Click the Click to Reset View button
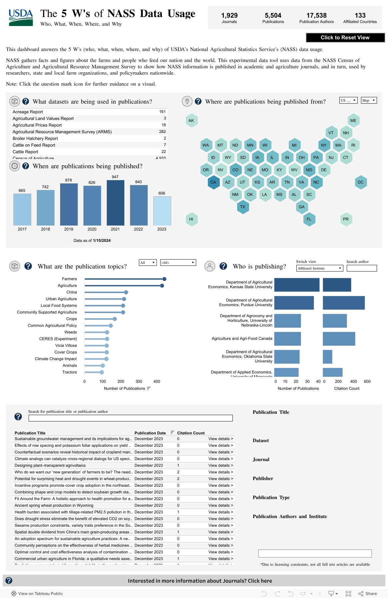(345, 38)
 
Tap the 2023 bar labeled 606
(162, 211)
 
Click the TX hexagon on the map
(242, 207)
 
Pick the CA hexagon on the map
(213, 182)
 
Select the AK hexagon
(191, 121)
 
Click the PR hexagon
(346, 219)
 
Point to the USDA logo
(21, 18)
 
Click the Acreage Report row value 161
(162, 112)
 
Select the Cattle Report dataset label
(25, 152)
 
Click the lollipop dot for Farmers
(164, 279)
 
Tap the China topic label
(71, 292)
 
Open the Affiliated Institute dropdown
(320, 268)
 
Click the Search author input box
(361, 268)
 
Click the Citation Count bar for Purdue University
(343, 303)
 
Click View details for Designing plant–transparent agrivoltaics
(220, 465)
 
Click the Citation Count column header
(191, 433)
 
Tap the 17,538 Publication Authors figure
(316, 16)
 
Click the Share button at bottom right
(368, 593)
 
